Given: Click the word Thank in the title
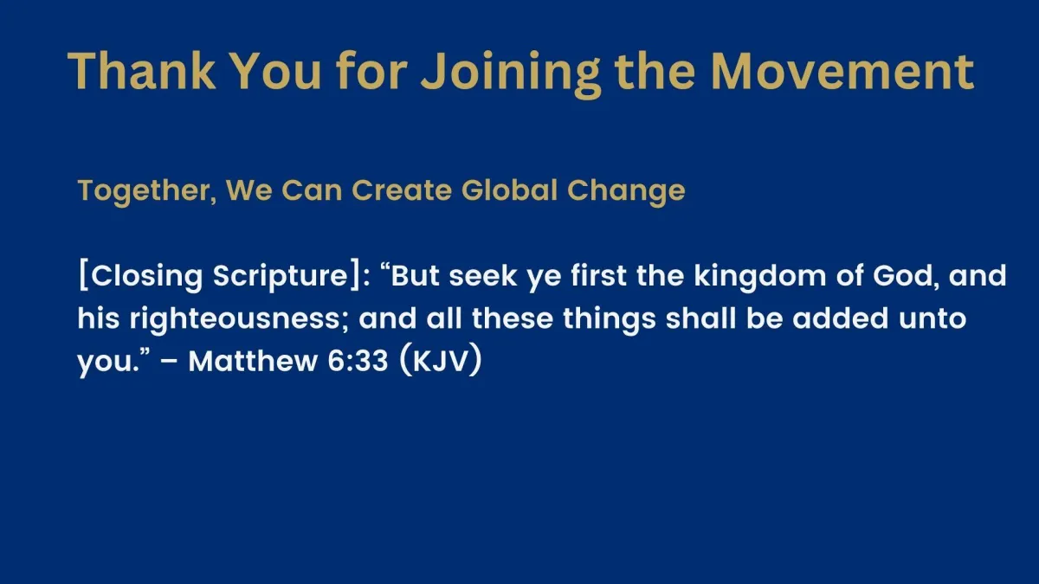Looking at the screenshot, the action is pyautogui.click(x=141, y=70).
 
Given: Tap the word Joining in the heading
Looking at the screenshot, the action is pyautogui.click(x=511, y=74).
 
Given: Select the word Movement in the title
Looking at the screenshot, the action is pyautogui.click(x=842, y=71).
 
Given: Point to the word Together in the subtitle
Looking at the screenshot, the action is pyautogui.click(x=147, y=191).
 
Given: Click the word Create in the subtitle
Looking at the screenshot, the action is pyautogui.click(x=402, y=190).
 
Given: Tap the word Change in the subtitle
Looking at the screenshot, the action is pyautogui.click(x=626, y=191).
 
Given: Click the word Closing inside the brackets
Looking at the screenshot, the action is pyautogui.click(x=146, y=277).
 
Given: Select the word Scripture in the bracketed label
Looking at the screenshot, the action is pyautogui.click(x=281, y=277).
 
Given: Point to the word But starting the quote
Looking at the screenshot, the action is pyautogui.click(x=415, y=275).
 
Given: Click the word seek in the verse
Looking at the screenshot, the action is pyautogui.click(x=483, y=275).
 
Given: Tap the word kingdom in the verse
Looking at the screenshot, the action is pyautogui.click(x=760, y=277).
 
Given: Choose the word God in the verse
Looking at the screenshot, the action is pyautogui.click(x=906, y=276).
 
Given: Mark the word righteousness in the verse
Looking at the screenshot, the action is pyautogui.click(x=239, y=320).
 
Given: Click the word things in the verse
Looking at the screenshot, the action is pyautogui.click(x=610, y=320).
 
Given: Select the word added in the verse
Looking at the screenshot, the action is pyautogui.click(x=840, y=318).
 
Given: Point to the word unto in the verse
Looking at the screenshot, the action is pyautogui.click(x=933, y=318).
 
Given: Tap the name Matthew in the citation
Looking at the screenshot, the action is pyautogui.click(x=253, y=361).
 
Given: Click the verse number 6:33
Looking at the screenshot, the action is pyautogui.click(x=358, y=361).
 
